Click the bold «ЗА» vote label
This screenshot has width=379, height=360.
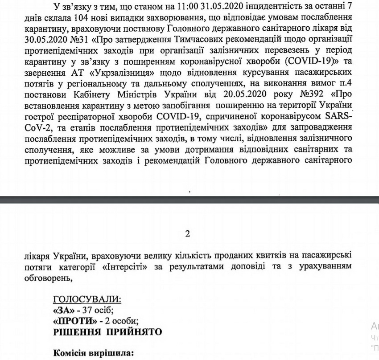pos(63,310)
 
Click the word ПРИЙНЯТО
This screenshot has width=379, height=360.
pos(132,332)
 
